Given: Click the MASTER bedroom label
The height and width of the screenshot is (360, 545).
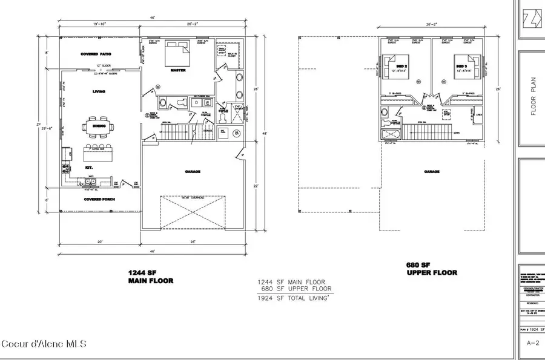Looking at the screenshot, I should pos(177,70).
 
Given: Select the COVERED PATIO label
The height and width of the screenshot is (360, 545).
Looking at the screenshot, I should pos(98,54).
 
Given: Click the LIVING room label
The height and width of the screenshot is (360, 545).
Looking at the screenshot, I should pos(98,91).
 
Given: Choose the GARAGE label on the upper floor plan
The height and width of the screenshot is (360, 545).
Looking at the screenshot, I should pos(432,171).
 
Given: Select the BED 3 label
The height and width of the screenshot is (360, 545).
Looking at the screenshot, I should pos(461,65).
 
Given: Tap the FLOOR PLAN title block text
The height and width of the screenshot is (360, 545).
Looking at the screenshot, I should pos(533,103).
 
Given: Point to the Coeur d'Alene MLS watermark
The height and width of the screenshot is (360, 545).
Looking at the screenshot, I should pos(44,344).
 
